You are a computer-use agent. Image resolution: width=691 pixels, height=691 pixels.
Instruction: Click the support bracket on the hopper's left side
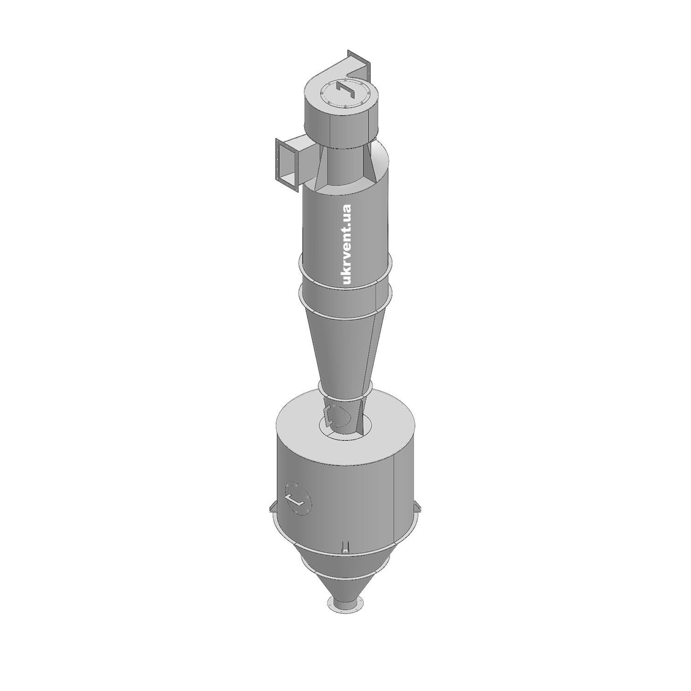click(x=272, y=506)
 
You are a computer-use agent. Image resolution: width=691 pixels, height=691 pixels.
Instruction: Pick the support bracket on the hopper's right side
click(x=418, y=506)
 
